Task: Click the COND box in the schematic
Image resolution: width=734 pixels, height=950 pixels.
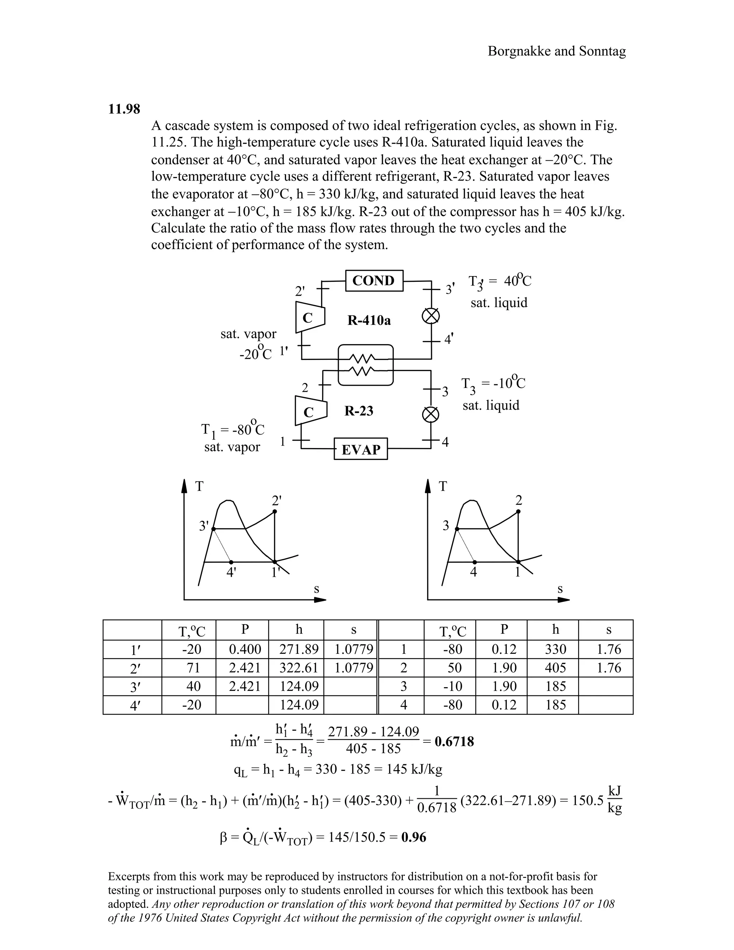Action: (x=374, y=281)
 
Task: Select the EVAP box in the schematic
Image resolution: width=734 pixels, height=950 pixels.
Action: (x=361, y=449)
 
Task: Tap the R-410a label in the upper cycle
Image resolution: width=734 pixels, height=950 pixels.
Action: (x=369, y=320)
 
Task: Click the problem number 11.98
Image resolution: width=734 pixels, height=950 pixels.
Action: (x=124, y=109)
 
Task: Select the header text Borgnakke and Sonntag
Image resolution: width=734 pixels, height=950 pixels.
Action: (x=557, y=51)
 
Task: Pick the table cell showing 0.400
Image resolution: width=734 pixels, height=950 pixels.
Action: (x=245, y=649)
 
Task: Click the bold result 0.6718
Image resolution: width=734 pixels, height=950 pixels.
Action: (x=454, y=741)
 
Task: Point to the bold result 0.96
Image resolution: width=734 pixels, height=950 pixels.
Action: (x=414, y=837)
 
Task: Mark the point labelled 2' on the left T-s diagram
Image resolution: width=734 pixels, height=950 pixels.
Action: (x=275, y=512)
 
